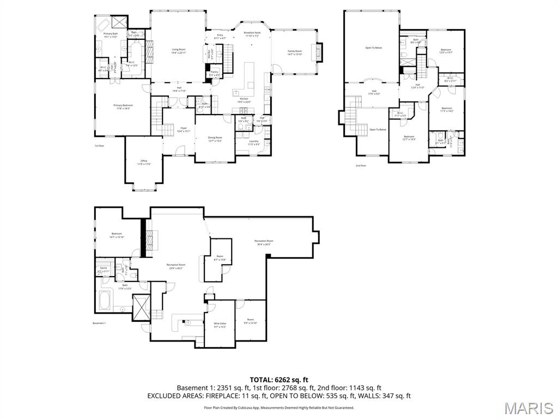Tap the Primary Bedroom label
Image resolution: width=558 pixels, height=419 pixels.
coord(123,106)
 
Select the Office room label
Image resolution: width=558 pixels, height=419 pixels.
coord(144,162)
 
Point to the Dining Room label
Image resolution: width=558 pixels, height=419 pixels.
coord(215,139)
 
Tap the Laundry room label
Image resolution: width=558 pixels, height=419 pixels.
coord(254,143)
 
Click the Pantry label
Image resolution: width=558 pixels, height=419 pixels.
coord(215,73)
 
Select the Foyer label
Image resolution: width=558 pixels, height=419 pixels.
coord(184,129)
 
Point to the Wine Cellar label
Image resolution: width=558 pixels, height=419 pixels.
coord(220,325)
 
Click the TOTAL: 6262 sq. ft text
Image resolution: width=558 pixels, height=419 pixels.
coord(279,380)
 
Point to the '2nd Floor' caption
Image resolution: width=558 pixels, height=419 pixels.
coord(361,165)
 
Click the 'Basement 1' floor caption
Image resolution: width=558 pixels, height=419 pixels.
coord(99,323)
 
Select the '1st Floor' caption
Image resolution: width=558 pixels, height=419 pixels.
coord(99,146)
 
